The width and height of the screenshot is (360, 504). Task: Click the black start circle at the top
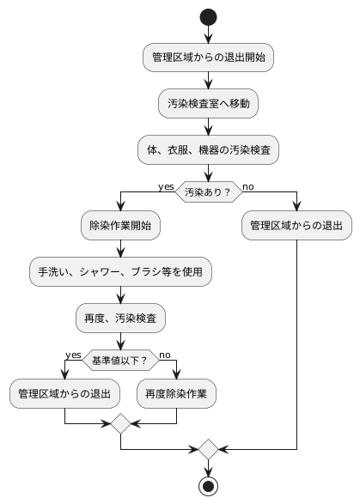(207, 16)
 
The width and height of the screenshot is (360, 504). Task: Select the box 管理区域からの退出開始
(207, 58)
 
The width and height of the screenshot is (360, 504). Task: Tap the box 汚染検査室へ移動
(207, 104)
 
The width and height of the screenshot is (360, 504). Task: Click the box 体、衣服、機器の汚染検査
(207, 150)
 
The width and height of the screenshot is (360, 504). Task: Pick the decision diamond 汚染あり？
(207, 192)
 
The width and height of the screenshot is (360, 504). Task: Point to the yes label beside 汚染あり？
(166, 186)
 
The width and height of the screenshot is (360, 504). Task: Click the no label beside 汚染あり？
(248, 186)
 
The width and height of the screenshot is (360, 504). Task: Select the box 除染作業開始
(120, 226)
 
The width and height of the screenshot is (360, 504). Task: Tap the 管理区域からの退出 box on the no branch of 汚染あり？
(296, 226)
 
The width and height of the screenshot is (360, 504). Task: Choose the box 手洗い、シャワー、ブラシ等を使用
(120, 272)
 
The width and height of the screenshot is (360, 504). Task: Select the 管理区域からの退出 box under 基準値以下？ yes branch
(65, 394)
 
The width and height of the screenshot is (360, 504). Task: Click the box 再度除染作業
(176, 394)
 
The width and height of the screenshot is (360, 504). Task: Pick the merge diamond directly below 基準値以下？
(120, 423)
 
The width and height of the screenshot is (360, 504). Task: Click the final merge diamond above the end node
(207, 448)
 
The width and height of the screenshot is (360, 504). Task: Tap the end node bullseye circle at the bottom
(207, 485)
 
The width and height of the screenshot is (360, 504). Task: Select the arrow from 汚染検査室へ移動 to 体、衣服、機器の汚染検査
(207, 127)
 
